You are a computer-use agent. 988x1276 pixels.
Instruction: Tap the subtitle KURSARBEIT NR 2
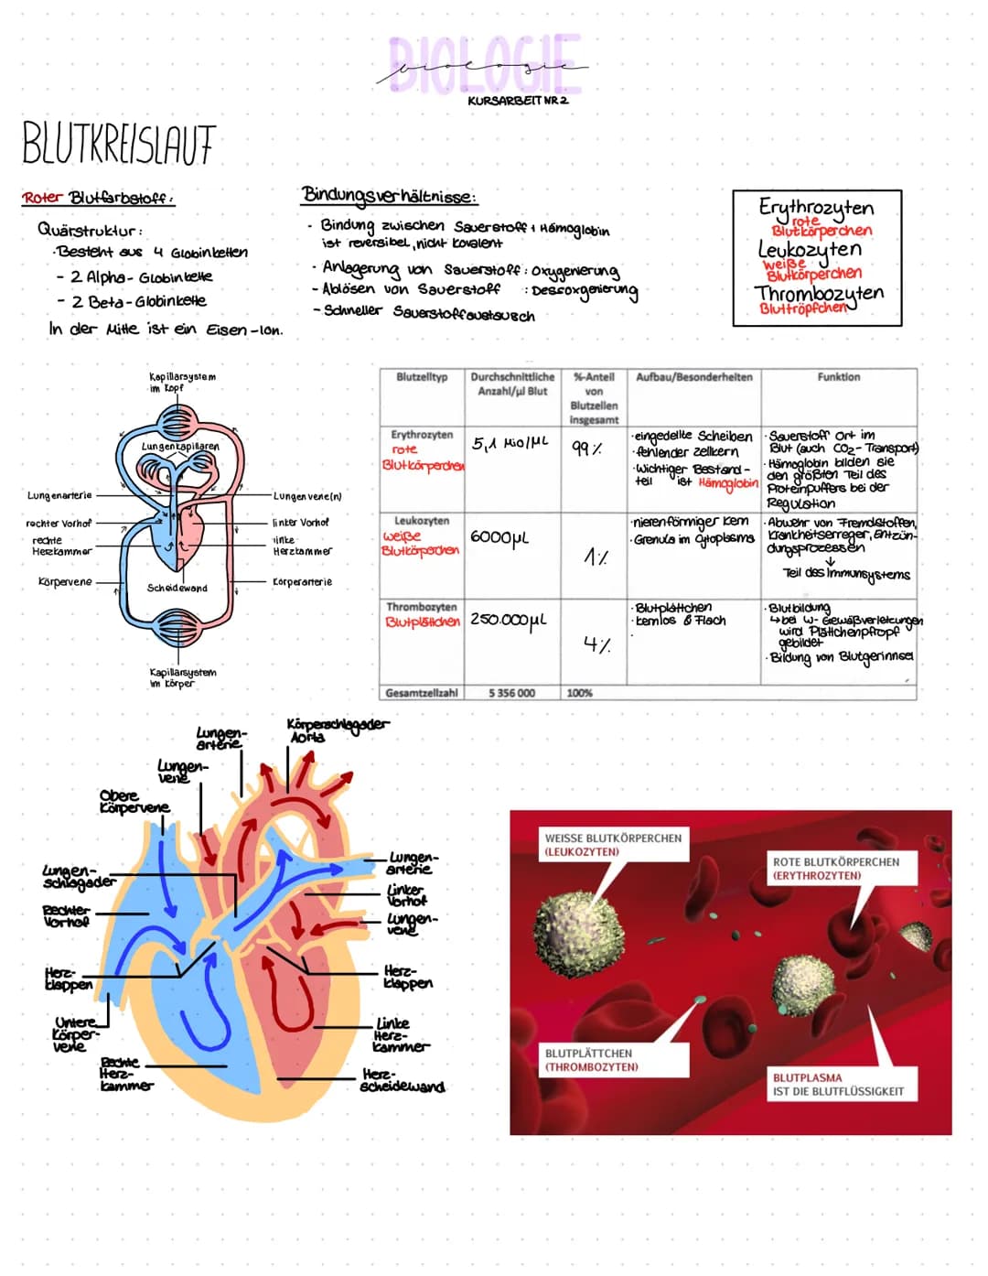[517, 101]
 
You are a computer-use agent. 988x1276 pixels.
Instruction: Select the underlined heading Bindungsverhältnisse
[388, 195]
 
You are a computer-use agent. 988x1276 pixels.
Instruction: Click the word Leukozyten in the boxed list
[810, 249]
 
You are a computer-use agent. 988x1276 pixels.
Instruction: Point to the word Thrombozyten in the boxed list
[819, 293]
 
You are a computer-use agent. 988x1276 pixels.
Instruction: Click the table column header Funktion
[838, 377]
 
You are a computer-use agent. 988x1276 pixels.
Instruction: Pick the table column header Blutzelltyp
[422, 377]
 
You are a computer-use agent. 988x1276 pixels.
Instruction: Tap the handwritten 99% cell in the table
[586, 449]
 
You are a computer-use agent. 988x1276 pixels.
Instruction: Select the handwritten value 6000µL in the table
[499, 537]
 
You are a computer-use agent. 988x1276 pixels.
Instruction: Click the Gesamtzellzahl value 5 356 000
[512, 693]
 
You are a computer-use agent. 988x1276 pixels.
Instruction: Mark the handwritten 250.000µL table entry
[508, 620]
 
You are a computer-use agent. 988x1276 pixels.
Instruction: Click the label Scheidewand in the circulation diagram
[177, 588]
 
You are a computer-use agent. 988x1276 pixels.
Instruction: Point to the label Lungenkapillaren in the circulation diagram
[180, 447]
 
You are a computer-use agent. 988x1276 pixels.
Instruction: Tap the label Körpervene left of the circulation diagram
[64, 582]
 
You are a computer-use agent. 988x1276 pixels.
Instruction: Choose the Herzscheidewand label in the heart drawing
[403, 1080]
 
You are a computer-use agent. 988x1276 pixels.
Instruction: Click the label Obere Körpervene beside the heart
[134, 802]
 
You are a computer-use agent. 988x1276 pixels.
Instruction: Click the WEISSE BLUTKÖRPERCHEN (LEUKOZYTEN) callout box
[613, 844]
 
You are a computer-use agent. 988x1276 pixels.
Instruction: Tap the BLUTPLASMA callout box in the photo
[838, 1085]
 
